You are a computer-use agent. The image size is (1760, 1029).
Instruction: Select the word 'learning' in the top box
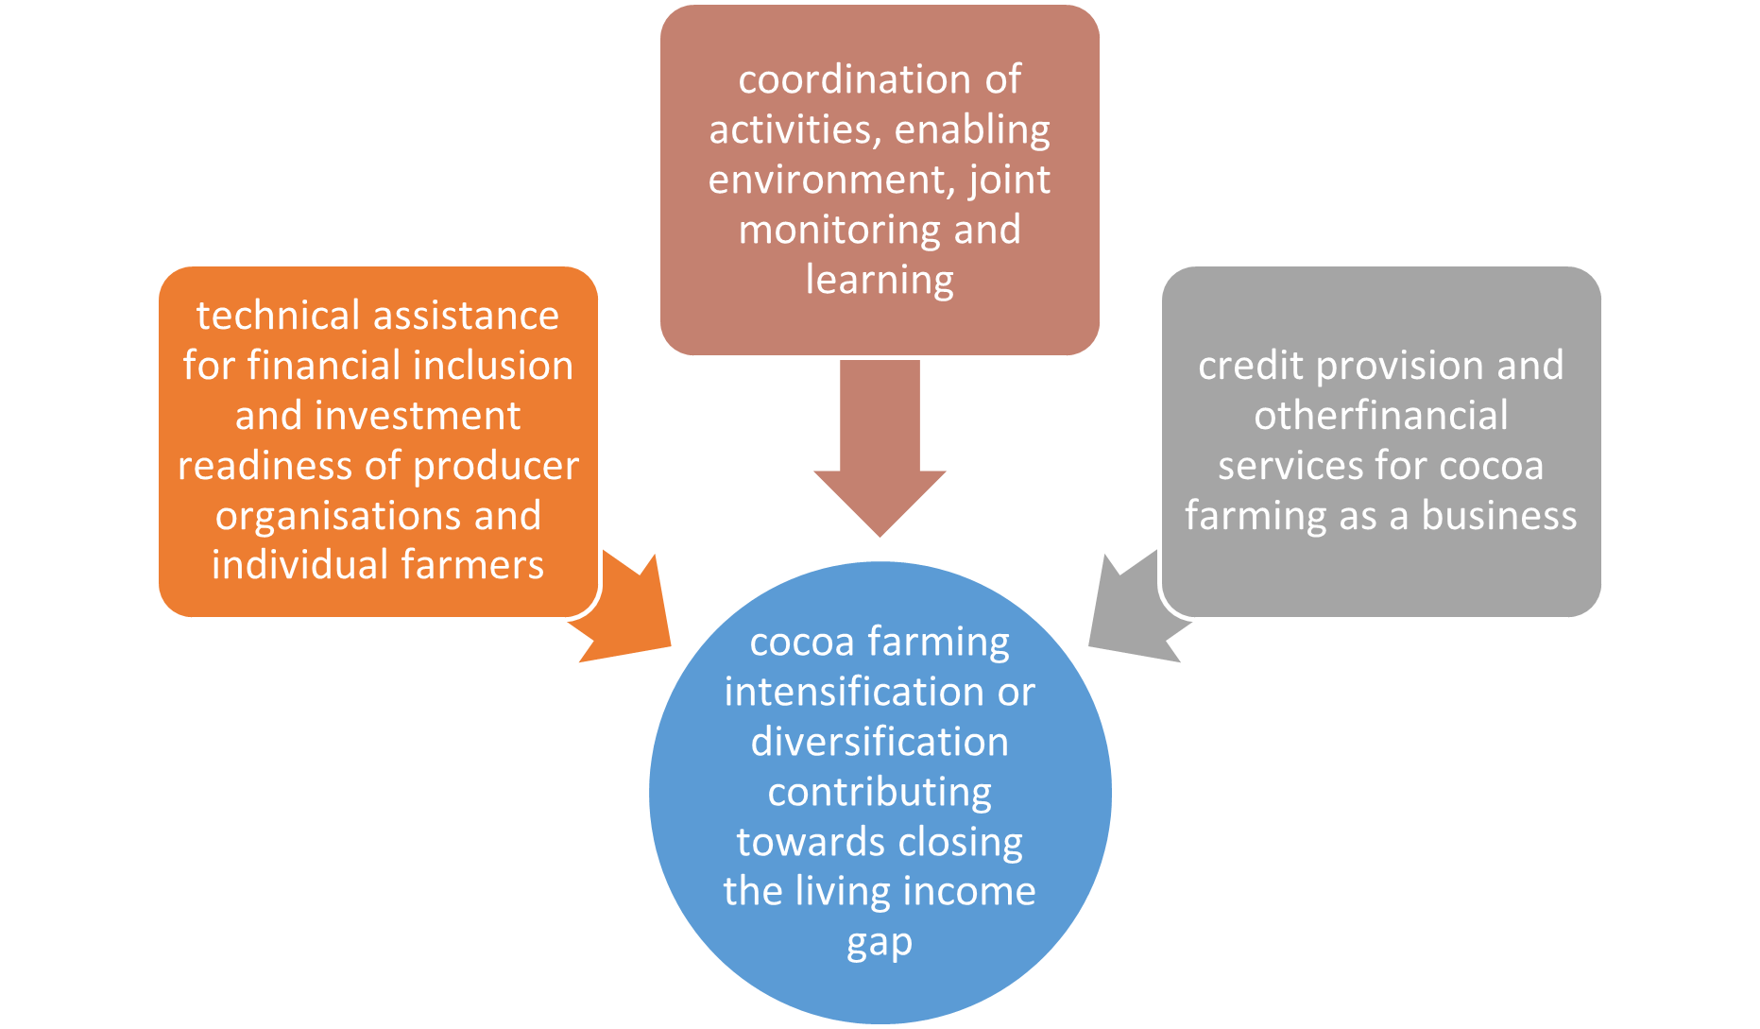tap(880, 281)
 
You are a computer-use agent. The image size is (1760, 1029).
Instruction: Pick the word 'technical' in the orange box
tap(274, 316)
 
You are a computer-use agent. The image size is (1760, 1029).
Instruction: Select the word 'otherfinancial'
tap(1380, 416)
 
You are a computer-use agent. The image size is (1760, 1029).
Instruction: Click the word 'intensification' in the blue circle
tap(854, 692)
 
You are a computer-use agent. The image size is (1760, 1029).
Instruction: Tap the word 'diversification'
tap(880, 742)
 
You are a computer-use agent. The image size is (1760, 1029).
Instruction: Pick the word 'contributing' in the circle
tap(880, 793)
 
